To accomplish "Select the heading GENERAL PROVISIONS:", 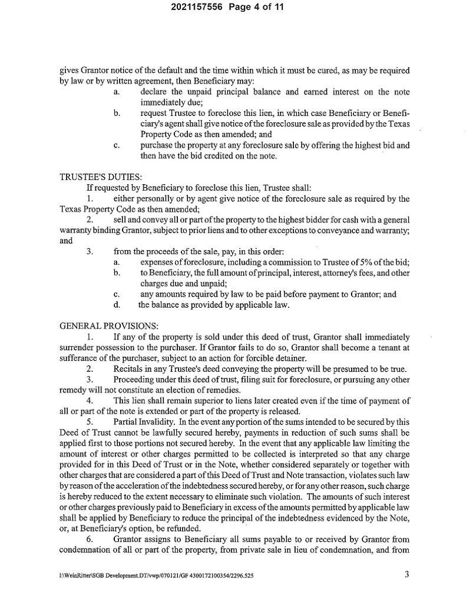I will pyautogui.click(x=100, y=324).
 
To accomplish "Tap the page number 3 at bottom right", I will pyautogui.click(x=406, y=575).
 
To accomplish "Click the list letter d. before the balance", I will pyautogui.click(x=117, y=305).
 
